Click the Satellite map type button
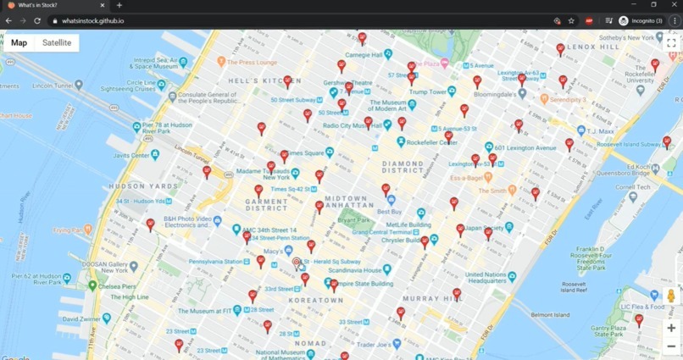pos(57,42)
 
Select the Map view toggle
pos(19,42)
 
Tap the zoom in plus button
pos(671,328)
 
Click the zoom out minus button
pos(671,346)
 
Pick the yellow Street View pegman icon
pos(671,296)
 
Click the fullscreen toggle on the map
pos(671,42)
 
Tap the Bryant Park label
pos(354,220)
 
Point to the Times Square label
pos(307,153)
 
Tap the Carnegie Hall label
pos(364,55)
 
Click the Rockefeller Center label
pos(432,142)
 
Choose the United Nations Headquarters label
pos(486,278)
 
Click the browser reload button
pos(37,20)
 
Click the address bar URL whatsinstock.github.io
pos(93,20)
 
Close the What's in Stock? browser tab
pos(103,5)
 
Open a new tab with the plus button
pos(119,5)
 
